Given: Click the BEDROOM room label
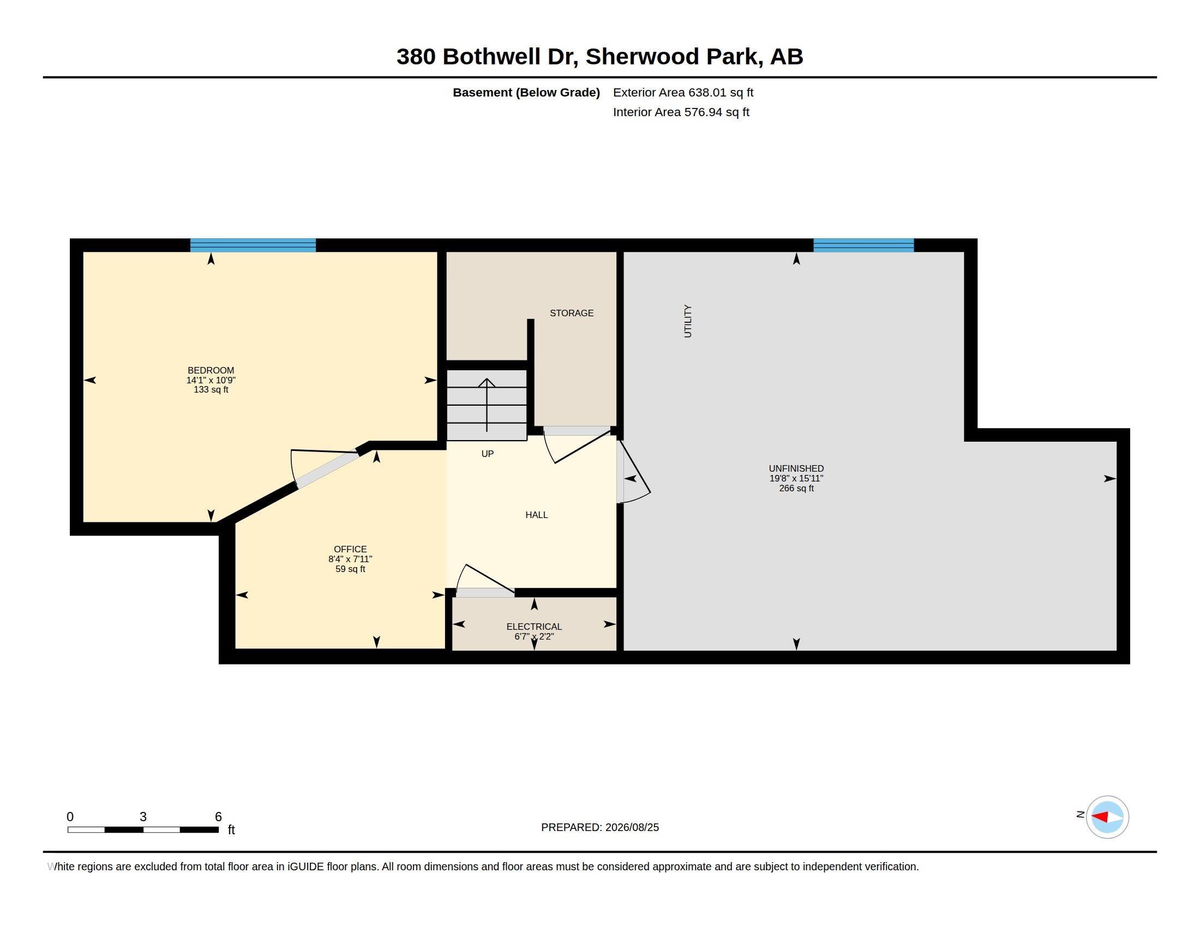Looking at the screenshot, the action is click(211, 370).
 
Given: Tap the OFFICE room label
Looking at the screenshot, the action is click(350, 549).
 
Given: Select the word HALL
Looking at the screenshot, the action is click(536, 515).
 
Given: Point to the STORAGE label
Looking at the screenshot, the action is click(572, 313).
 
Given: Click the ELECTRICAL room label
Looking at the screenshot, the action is click(534, 627).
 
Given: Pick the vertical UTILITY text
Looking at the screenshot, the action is click(687, 321).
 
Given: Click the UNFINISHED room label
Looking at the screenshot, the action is click(796, 468).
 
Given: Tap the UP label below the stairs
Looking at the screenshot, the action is click(487, 454).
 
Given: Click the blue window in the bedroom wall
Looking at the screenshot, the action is click(253, 245).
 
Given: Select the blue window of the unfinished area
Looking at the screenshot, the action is click(863, 245).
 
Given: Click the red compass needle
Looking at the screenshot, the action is click(1099, 817).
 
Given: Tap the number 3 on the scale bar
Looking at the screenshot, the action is click(143, 817).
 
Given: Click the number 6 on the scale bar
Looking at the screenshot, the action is click(218, 817).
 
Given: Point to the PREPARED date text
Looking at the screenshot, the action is click(600, 827).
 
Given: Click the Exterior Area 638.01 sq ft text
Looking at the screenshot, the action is click(683, 92).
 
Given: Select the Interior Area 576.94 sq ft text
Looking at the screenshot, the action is click(681, 112).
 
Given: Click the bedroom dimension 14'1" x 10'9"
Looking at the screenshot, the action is click(211, 380).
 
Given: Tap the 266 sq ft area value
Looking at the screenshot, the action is click(796, 488).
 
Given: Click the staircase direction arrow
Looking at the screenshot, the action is click(487, 405).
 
